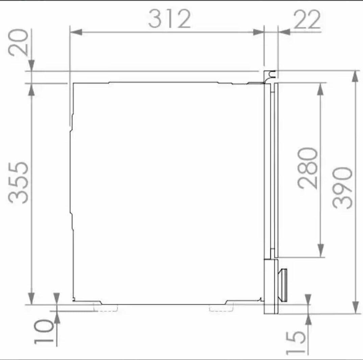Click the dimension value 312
pyautogui.click(x=169, y=19)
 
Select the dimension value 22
pyautogui.click(x=307, y=20)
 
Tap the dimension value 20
pyautogui.click(x=18, y=42)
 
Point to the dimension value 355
pyautogui.click(x=18, y=183)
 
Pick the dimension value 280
pyautogui.click(x=308, y=168)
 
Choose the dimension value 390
pyautogui.click(x=342, y=188)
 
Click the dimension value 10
pyautogui.click(x=44, y=331)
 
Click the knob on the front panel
pyautogui.click(x=283, y=285)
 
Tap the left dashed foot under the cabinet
pyautogui.click(x=105, y=308)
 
